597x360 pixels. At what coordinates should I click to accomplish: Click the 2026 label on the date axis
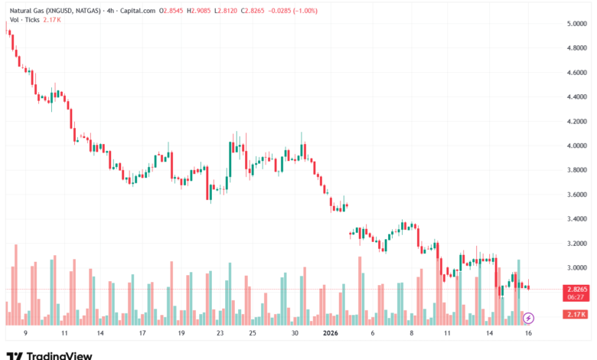[331, 333]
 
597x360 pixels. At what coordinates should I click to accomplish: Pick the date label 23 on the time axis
[220, 333]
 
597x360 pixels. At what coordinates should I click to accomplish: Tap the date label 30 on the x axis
[295, 333]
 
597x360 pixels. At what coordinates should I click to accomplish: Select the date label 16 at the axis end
[528, 333]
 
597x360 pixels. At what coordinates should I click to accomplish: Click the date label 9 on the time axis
[25, 333]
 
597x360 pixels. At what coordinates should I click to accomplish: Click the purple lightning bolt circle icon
[528, 316]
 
